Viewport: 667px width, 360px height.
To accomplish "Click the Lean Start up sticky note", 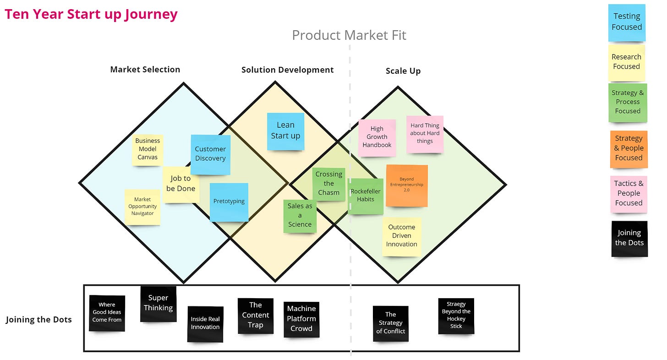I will [x=285, y=131].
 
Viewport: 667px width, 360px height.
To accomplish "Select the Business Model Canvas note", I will [x=147, y=149].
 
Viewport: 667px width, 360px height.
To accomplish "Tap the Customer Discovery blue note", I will [x=210, y=154].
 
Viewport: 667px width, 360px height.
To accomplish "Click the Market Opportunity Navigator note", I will [x=142, y=207].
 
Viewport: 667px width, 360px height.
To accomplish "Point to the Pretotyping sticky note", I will [x=229, y=202].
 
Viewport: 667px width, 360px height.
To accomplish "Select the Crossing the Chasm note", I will [x=328, y=183].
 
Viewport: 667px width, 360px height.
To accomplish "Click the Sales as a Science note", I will [x=300, y=215].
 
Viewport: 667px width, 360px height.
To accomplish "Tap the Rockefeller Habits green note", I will [x=366, y=196].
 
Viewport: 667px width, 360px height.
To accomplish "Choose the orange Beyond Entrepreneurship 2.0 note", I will [x=406, y=185].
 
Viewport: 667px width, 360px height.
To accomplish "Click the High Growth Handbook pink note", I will [x=377, y=137].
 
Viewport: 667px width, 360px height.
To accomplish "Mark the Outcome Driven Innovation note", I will [x=401, y=236].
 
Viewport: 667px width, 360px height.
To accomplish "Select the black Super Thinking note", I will [x=158, y=303].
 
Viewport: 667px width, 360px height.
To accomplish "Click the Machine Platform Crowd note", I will [x=301, y=319].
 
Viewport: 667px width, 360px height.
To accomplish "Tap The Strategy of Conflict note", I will [x=390, y=323].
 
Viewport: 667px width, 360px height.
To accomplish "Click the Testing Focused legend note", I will [x=627, y=22].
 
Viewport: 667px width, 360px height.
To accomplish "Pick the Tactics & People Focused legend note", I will [x=629, y=193].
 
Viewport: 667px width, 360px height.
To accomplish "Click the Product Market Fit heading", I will [x=349, y=35].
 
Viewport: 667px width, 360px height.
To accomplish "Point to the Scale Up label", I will [x=403, y=71].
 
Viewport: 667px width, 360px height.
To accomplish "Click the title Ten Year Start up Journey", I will [x=91, y=14].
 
